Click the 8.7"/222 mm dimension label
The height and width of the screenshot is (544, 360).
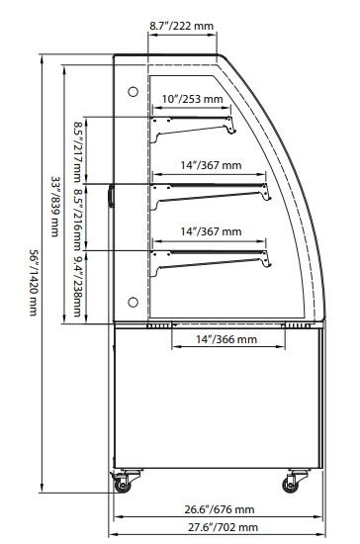click(x=181, y=26)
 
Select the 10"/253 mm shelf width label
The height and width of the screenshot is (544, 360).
click(x=192, y=99)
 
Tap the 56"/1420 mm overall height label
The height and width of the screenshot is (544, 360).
click(x=34, y=283)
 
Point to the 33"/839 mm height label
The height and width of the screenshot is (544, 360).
click(x=55, y=206)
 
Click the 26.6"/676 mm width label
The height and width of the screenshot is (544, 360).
click(x=220, y=509)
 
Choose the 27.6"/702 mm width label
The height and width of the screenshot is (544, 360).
click(x=223, y=527)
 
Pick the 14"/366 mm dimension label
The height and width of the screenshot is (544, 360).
click(x=226, y=339)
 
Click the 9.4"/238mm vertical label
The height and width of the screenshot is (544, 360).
click(x=77, y=286)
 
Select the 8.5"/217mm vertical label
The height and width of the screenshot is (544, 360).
click(x=77, y=151)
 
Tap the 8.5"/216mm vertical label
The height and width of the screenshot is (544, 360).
click(x=77, y=220)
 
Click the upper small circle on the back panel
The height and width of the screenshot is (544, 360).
click(x=134, y=92)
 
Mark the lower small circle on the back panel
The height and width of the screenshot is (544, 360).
click(x=134, y=303)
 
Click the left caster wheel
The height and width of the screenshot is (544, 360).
click(x=123, y=485)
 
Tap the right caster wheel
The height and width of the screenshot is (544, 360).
click(x=291, y=485)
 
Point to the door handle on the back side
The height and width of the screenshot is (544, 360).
click(x=111, y=196)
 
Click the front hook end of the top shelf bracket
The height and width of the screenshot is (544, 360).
click(x=231, y=127)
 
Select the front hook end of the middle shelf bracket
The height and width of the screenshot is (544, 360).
click(x=267, y=194)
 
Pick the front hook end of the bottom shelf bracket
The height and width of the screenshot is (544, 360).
click(x=267, y=260)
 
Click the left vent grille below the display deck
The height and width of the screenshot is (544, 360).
click(x=159, y=325)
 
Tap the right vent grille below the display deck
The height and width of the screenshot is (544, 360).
click(x=296, y=325)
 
